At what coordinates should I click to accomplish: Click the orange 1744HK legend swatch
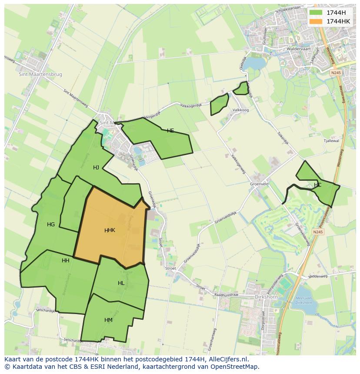[x=316, y=21]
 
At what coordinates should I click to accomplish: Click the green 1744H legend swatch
[x=316, y=12]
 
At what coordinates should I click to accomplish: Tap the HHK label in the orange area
[x=110, y=230]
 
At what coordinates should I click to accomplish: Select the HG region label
[x=51, y=225]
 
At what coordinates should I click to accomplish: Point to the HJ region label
[x=96, y=167]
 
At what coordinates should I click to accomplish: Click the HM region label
[x=108, y=320]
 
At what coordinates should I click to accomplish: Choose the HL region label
[x=121, y=283]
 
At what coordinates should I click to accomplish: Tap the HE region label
[x=170, y=130]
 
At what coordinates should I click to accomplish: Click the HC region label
[x=317, y=185]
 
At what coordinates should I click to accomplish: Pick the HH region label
[x=66, y=261]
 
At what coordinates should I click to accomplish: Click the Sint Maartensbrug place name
[x=40, y=74]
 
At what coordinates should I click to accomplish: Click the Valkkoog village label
[x=240, y=110]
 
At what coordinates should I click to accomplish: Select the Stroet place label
[x=170, y=268]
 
